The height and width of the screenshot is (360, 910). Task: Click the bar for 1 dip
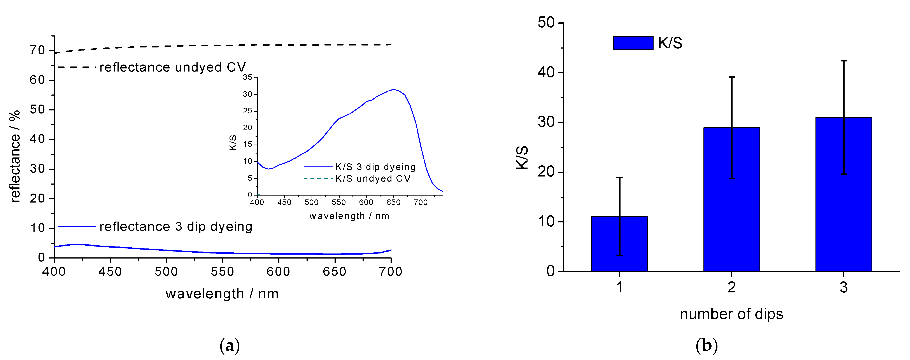coord(619,244)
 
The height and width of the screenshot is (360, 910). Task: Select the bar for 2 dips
coord(732,200)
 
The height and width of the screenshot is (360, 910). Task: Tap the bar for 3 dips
coord(843,194)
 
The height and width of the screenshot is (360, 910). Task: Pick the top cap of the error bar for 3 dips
coord(843,61)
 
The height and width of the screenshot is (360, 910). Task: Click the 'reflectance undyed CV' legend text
coord(172,67)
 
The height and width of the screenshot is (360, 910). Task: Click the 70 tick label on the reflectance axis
coord(37,51)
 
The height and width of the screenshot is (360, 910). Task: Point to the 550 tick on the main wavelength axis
coord(223,271)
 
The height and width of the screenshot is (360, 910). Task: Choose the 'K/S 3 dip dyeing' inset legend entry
coord(375,167)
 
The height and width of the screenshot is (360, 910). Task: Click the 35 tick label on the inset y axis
coord(248,77)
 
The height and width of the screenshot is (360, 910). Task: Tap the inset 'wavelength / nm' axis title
coord(349,216)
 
